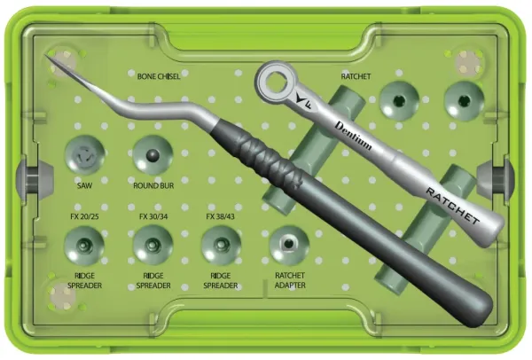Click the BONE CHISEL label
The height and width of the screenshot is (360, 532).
point(159,76)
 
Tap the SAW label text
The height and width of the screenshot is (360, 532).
point(84,185)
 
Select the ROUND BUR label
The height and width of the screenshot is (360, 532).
point(153,185)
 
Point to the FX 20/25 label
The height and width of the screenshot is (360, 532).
point(84,216)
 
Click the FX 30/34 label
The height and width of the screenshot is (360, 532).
point(153,216)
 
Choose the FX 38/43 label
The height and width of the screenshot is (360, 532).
point(220,216)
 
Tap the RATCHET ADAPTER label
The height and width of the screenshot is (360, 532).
point(290,280)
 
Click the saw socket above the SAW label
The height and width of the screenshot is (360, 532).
point(84,155)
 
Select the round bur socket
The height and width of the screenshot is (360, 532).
point(153,155)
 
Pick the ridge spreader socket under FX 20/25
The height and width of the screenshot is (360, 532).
point(84,246)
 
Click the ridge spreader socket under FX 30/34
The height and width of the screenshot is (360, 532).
point(153,246)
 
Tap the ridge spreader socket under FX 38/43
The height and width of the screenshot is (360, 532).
point(221,246)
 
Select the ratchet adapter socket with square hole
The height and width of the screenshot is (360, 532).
point(289,245)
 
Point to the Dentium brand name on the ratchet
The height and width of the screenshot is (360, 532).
point(353,136)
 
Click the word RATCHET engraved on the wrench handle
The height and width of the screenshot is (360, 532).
point(452,206)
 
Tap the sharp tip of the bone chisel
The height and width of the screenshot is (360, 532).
point(46,54)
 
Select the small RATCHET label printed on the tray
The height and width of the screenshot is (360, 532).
point(356,76)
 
